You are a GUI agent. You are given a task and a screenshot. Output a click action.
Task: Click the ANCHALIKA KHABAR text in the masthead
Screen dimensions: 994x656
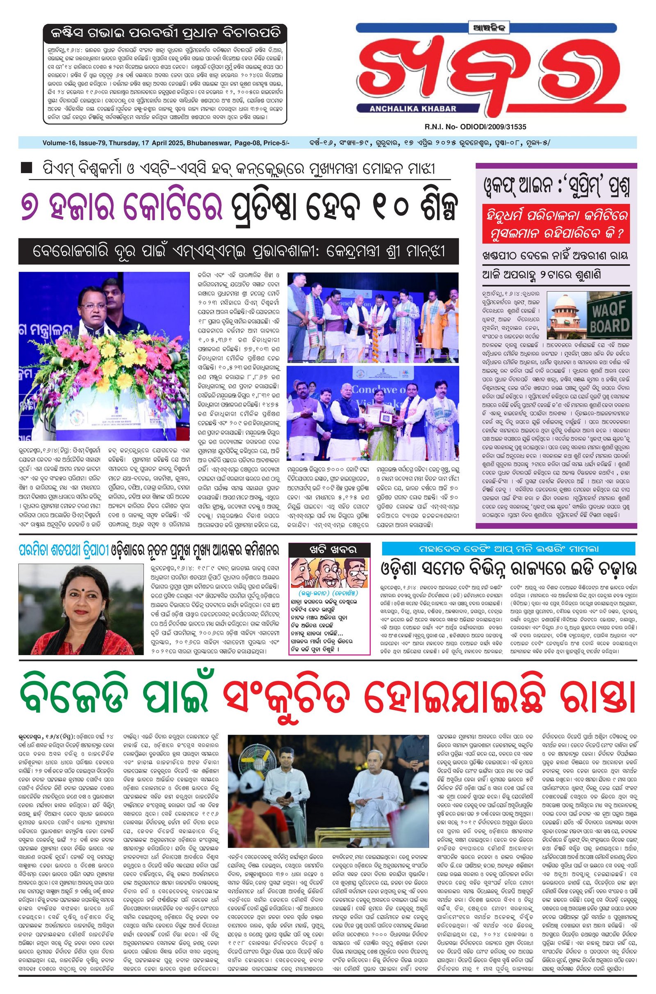(413, 109)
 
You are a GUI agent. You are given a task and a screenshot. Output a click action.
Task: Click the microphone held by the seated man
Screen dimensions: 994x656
(288, 796)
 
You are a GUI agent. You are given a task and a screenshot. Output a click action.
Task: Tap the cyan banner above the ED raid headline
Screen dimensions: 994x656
(508, 548)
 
